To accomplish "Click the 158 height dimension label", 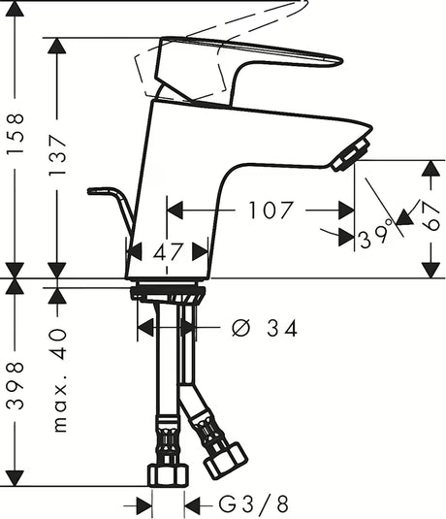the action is (16, 133).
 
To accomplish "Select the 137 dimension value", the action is (57, 155).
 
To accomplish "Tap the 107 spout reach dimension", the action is (271, 210).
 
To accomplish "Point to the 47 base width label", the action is (168, 252).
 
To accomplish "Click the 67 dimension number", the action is (430, 215).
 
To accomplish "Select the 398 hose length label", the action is (16, 385).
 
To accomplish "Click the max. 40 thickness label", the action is (60, 380).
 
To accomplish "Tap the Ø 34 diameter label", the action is (265, 328).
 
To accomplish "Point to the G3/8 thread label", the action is (253, 503).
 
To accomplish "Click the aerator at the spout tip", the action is (351, 155).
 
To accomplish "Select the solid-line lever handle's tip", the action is (340, 60).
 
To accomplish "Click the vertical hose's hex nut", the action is (168, 475).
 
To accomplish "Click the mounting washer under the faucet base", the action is (168, 291).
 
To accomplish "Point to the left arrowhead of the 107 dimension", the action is (175, 210).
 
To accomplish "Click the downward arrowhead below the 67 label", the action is (430, 270).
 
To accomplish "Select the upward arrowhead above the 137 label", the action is (57, 46).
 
